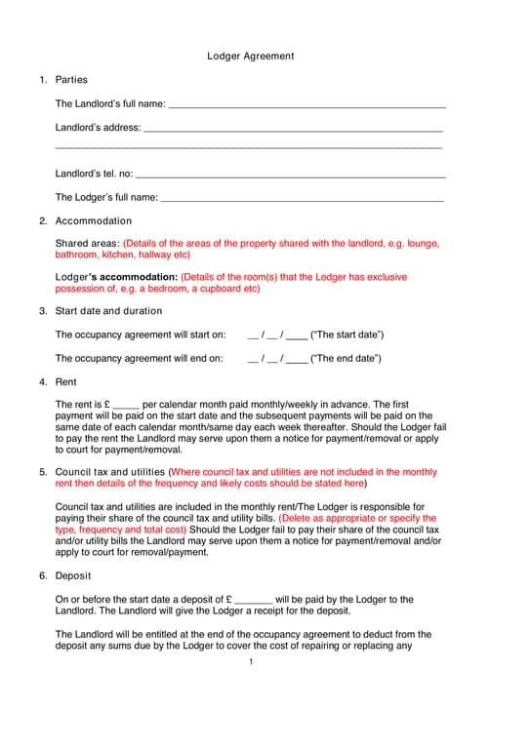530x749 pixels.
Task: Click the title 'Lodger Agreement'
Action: click(x=250, y=57)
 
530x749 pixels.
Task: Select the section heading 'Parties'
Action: click(x=71, y=80)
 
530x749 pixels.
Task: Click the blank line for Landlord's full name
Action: click(x=307, y=104)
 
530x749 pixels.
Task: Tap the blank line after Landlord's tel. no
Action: click(x=290, y=175)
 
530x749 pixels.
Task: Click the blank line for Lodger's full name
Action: click(x=302, y=198)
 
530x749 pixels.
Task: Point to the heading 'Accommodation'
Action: click(x=94, y=221)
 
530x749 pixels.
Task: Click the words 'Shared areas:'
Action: click(x=87, y=244)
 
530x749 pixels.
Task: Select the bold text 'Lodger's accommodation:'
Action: click(x=116, y=278)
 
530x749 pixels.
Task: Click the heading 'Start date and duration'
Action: click(x=108, y=311)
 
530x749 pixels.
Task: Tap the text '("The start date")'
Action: click(x=347, y=335)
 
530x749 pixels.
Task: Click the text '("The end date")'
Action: click(x=346, y=359)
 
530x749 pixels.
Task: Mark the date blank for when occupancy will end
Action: click(x=277, y=359)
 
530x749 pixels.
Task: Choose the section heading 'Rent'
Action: click(x=65, y=382)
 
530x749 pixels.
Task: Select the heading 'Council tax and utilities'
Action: click(x=110, y=472)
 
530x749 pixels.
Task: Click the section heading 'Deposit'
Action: click(x=72, y=576)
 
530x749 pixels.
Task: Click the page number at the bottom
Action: click(x=251, y=663)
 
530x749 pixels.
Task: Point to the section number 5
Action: click(x=43, y=472)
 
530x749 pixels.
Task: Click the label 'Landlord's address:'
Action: click(x=98, y=128)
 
